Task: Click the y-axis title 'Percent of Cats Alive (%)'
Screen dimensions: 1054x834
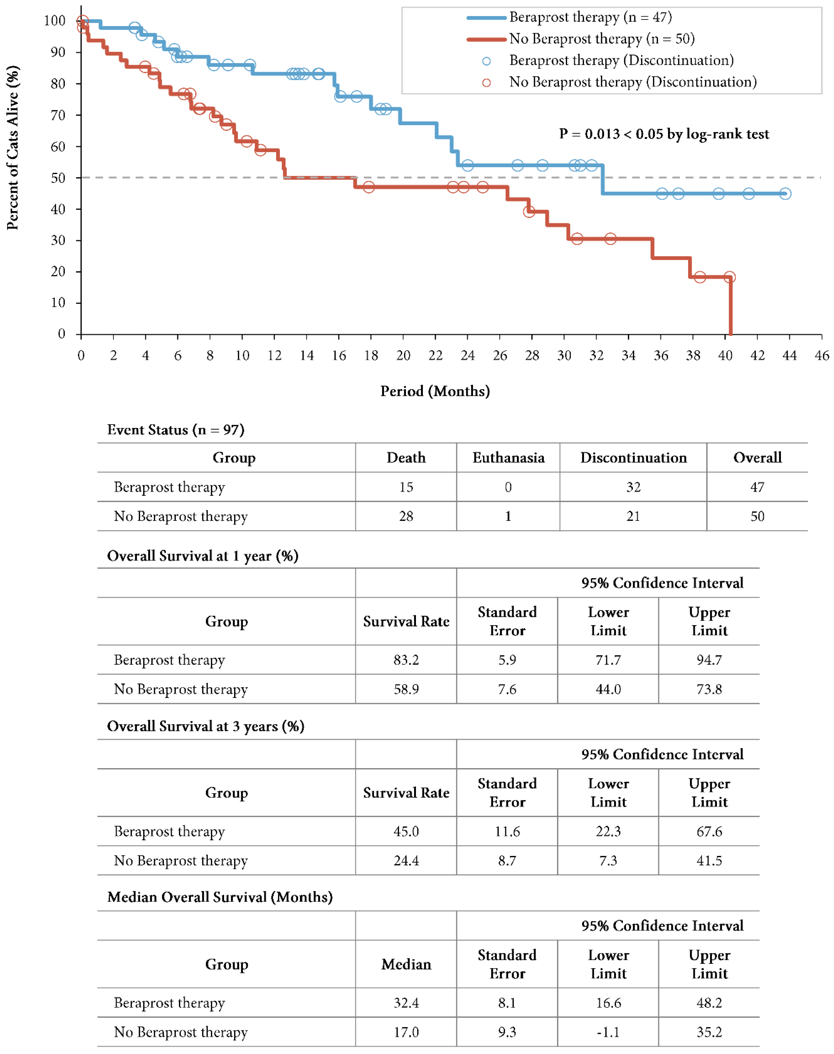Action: (x=13, y=148)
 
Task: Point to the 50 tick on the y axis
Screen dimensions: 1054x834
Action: (x=58, y=178)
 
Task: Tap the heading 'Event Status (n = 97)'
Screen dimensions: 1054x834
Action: (x=176, y=430)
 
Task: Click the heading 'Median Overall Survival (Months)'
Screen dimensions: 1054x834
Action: (x=220, y=897)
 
